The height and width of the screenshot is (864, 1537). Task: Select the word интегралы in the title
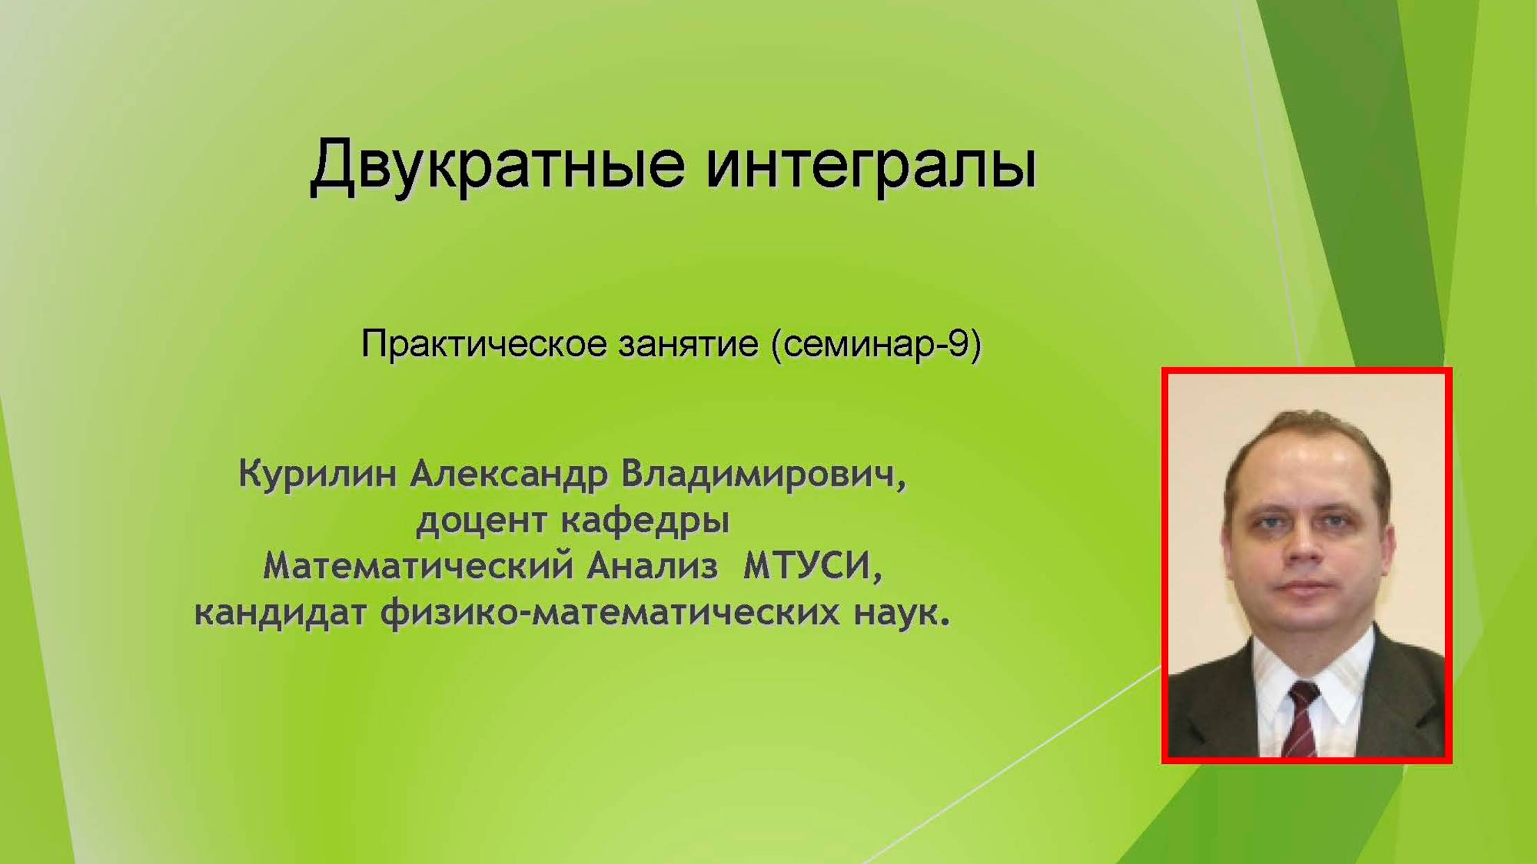click(x=871, y=166)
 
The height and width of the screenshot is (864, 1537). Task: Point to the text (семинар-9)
click(x=876, y=344)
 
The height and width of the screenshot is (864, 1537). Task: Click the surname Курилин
click(x=317, y=474)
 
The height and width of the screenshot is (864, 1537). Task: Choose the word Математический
click(x=418, y=566)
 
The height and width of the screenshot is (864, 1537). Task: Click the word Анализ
click(x=652, y=566)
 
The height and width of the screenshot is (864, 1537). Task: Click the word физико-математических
click(x=610, y=612)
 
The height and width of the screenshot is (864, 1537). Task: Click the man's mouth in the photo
click(x=1305, y=587)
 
